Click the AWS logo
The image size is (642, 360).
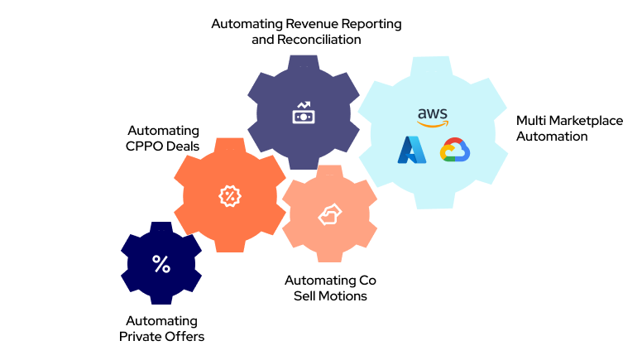point(433,118)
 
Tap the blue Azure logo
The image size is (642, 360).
point(411,149)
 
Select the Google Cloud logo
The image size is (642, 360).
point(454,151)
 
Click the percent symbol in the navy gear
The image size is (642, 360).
point(161,264)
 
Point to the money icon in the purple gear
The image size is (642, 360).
point(303,113)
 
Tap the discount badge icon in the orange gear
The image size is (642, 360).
point(228,195)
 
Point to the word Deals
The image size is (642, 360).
point(182,146)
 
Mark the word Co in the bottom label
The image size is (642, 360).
point(367,281)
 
